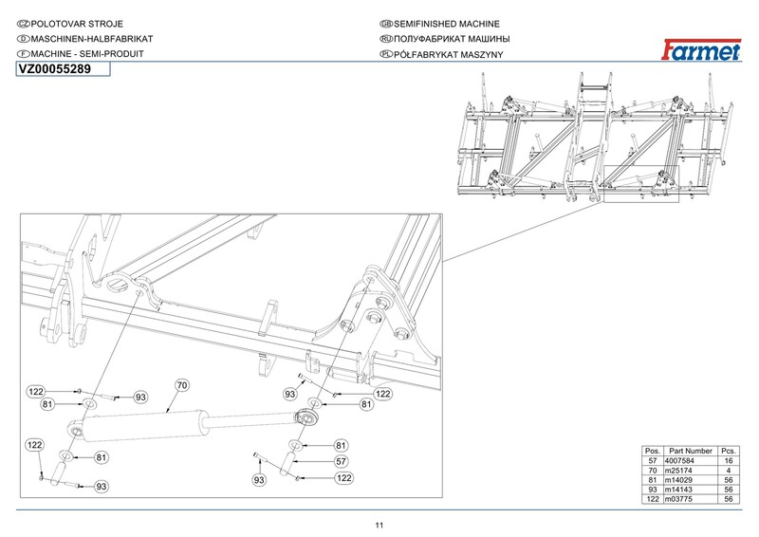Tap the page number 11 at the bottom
click(x=379, y=527)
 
